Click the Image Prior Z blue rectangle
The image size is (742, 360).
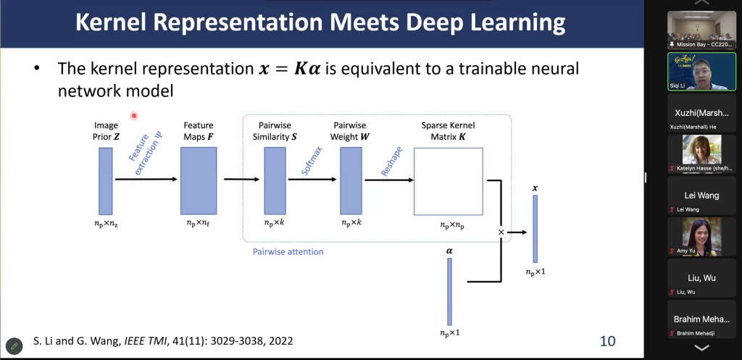[106, 181]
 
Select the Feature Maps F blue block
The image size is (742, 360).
[199, 180]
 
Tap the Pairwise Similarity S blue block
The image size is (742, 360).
[275, 180]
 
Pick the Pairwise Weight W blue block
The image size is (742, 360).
[351, 180]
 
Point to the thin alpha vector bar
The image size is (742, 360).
[449, 291]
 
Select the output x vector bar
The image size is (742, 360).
[535, 228]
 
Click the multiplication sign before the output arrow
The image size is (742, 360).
[501, 233]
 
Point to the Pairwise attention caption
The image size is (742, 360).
[288, 251]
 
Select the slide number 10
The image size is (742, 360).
[608, 340]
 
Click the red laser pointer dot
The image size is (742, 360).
[134, 115]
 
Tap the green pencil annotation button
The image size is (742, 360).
[14, 346]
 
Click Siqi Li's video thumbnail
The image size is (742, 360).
[701, 72]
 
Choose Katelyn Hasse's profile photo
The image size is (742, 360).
[701, 149]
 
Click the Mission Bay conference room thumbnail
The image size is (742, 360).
[701, 30]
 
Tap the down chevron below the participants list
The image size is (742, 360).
[701, 348]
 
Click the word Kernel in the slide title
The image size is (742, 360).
[121, 22]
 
